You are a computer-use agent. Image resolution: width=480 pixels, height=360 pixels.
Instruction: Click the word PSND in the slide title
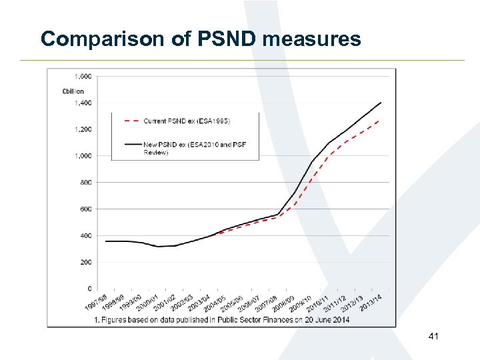[x=227, y=39]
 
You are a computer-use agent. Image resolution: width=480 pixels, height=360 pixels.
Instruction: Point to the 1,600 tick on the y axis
[x=83, y=76]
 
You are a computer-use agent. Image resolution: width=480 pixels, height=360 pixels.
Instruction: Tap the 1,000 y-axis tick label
[x=83, y=156]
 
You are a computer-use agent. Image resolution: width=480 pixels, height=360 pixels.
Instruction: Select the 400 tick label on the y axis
[x=86, y=235]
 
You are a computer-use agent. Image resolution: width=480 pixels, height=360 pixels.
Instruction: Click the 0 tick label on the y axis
[x=89, y=289]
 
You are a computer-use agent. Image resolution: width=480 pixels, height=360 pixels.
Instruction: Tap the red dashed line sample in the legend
[x=132, y=121]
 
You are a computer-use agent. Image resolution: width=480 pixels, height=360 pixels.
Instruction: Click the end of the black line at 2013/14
[x=381, y=103]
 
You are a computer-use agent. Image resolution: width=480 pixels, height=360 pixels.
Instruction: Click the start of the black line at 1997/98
[x=105, y=241]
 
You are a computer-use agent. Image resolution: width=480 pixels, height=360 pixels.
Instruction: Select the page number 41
[x=433, y=339]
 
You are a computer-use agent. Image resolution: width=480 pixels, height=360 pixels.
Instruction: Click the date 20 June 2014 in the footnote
[x=323, y=320]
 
